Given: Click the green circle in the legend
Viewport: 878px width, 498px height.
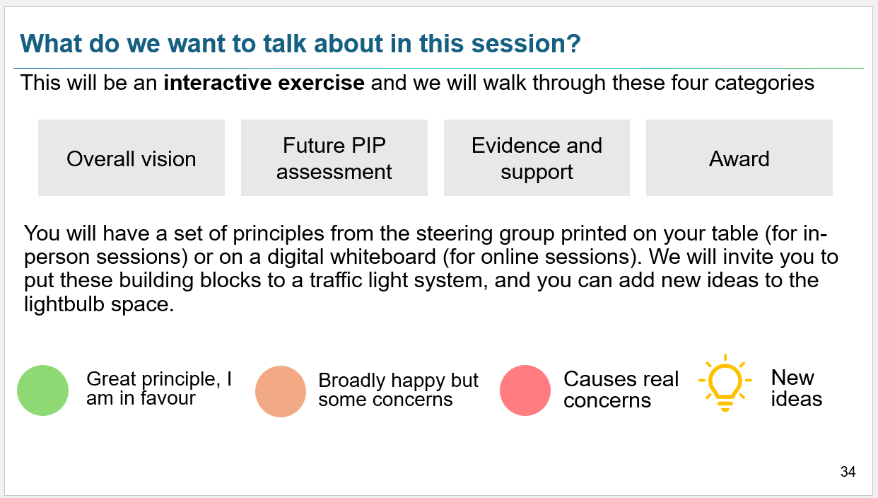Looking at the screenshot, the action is pos(42,390).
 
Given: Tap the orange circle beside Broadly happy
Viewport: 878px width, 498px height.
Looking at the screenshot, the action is pos(281,391).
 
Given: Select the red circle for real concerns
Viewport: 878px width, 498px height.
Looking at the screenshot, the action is pos(525,390).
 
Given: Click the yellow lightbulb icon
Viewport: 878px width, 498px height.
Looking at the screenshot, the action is pos(725,383).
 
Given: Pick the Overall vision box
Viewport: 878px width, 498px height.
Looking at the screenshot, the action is pos(131,158).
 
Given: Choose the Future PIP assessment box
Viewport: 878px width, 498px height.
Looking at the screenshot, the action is pos(334,158).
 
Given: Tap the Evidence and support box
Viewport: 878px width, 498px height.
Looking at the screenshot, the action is pos(537,158).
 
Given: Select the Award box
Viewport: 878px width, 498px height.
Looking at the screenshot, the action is pos(739,158).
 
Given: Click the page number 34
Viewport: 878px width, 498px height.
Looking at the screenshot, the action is pos(848,471).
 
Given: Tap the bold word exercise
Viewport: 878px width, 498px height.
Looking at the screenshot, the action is pos(321,83).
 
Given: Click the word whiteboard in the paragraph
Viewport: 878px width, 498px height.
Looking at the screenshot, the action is pos(383,257).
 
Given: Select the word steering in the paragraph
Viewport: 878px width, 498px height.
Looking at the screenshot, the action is pos(455,233).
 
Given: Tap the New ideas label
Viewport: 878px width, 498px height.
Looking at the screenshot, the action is pos(797,388).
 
